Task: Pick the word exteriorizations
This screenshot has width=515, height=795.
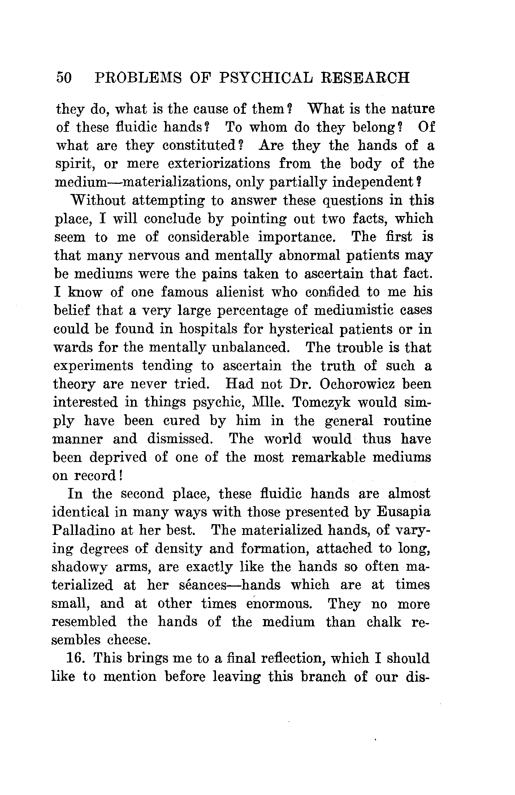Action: point(219,164)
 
